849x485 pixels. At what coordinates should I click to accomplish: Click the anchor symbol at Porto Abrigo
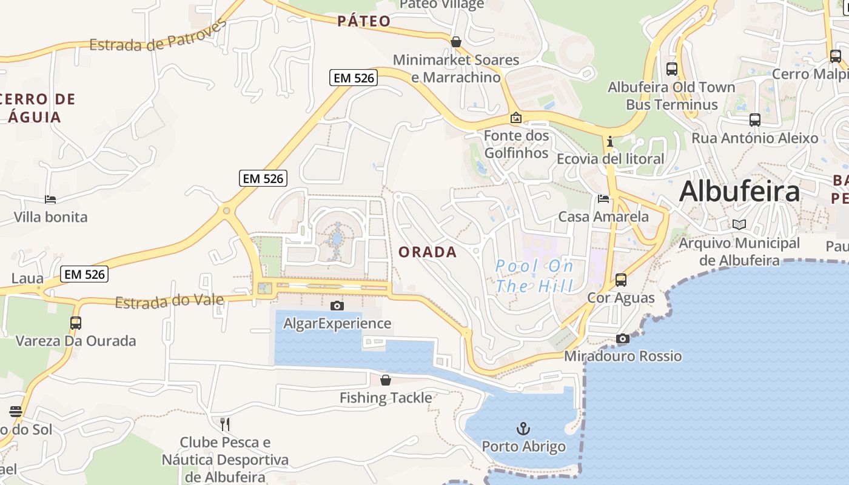pos(523,429)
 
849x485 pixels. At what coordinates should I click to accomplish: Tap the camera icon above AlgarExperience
pos(337,306)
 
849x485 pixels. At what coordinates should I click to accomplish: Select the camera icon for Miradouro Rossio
pos(623,338)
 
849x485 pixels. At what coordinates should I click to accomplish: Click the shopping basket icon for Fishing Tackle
pos(386,380)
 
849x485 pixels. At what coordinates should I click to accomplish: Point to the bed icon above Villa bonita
pos(50,199)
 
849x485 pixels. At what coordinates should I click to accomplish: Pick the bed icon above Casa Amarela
pos(603,198)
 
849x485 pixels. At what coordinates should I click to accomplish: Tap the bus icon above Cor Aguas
pos(620,280)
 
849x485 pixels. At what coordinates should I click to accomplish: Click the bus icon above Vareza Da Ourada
pos(76,323)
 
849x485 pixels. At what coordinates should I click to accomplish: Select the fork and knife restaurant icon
pos(224,424)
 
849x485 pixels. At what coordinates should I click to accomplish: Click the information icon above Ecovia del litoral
pos(610,142)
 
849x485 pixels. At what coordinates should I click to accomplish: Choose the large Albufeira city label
pos(739,192)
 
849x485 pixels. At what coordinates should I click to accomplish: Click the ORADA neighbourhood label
pos(428,252)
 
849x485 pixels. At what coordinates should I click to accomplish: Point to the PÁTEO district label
pos(364,21)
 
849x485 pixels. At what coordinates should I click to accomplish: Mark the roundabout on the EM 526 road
pos(226,211)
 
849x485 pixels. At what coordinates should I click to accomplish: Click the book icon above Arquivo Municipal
pos(739,224)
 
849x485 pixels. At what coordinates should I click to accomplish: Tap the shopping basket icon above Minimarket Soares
pos(455,42)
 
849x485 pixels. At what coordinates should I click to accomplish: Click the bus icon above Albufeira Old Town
pos(671,69)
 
